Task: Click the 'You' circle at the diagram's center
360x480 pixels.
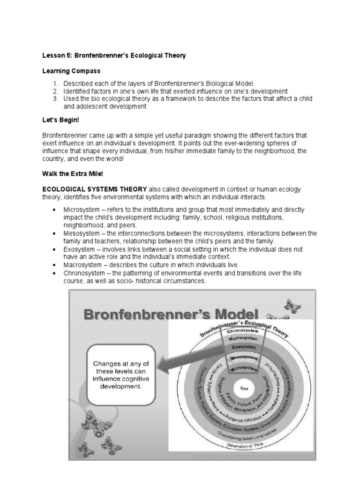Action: click(x=244, y=388)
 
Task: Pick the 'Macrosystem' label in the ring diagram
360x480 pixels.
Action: click(x=242, y=337)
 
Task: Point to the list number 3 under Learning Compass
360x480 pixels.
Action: click(x=55, y=99)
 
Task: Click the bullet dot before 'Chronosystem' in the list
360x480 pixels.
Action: click(x=55, y=273)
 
